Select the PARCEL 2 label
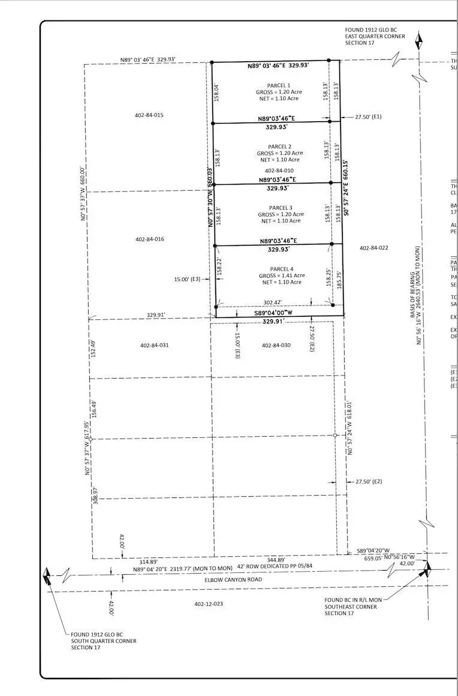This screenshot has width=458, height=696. point(280,146)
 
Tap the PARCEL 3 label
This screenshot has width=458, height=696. point(281,208)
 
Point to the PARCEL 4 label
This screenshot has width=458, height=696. point(281,268)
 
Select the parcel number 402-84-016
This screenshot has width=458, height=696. point(150,239)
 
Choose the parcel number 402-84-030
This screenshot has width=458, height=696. point(276,345)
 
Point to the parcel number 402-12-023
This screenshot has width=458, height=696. point(209,604)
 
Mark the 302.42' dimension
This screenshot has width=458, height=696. point(273,302)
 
